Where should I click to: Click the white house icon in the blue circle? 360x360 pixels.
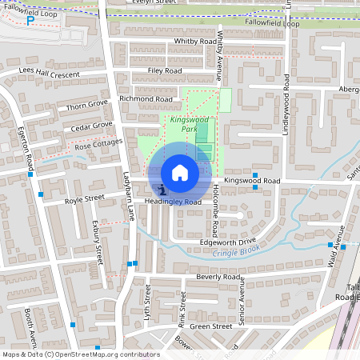(x=180, y=173)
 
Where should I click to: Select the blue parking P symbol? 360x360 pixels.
(x=30, y=21)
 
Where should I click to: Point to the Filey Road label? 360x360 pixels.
(x=165, y=71)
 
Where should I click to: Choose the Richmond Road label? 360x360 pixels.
(x=146, y=99)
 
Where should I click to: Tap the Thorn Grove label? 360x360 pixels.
(x=87, y=106)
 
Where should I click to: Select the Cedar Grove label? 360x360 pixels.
(x=91, y=126)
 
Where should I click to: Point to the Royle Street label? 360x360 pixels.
(x=85, y=198)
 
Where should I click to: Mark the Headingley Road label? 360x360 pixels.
(x=173, y=202)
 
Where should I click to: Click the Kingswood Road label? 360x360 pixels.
(x=251, y=182)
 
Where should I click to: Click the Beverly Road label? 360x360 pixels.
(x=218, y=277)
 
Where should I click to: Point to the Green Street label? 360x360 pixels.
(x=210, y=326)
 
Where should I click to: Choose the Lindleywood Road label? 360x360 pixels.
(x=286, y=105)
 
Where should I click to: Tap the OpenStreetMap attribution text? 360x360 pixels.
(x=81, y=354)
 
